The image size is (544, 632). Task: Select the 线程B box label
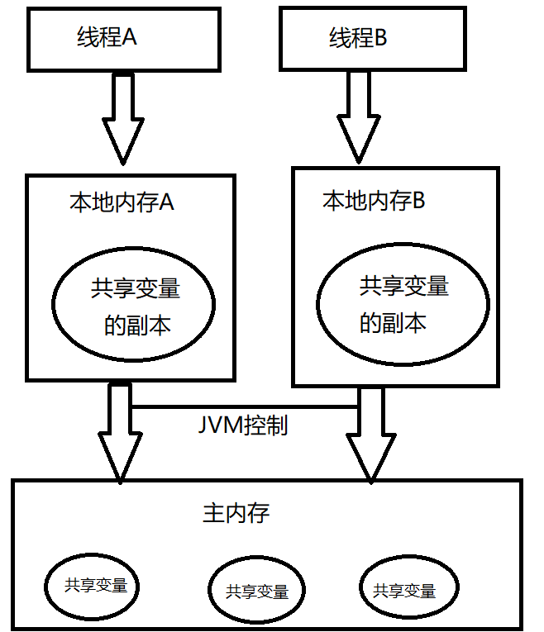pyautogui.click(x=358, y=38)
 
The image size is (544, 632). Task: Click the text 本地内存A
pyautogui.click(x=122, y=202)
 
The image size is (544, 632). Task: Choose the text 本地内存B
pyautogui.click(x=373, y=200)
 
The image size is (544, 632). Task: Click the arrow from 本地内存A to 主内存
pyautogui.click(x=120, y=434)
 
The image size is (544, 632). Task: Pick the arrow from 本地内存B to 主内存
pyautogui.click(x=369, y=434)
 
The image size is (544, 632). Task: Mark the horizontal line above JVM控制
pyautogui.click(x=244, y=406)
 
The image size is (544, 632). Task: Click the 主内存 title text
pyautogui.click(x=236, y=513)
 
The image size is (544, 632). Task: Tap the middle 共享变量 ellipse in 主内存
pyautogui.click(x=256, y=592)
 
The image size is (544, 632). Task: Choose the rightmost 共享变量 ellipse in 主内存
pyautogui.click(x=405, y=590)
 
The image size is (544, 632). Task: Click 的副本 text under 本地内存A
pyautogui.click(x=138, y=325)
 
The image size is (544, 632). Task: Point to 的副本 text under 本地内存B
pyautogui.click(x=393, y=322)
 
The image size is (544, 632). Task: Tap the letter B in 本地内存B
pyautogui.click(x=418, y=200)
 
